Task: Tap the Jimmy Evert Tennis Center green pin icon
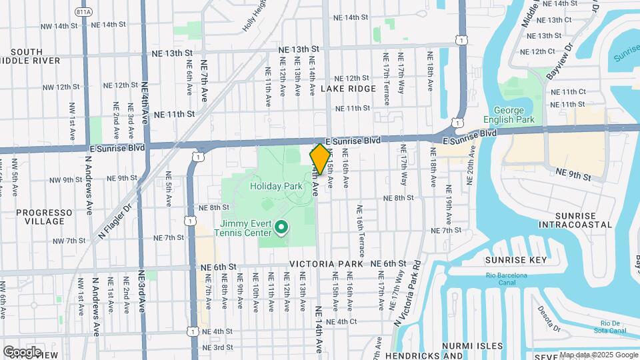tap(281, 229)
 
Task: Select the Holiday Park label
tap(272, 187)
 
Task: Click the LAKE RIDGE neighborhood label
tap(348, 89)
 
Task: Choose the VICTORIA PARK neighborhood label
tap(327, 264)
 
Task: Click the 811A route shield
tap(83, 12)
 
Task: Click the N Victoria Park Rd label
tap(406, 294)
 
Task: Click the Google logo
tap(22, 351)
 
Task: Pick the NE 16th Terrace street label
tap(361, 231)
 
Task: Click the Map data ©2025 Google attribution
tap(598, 355)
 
